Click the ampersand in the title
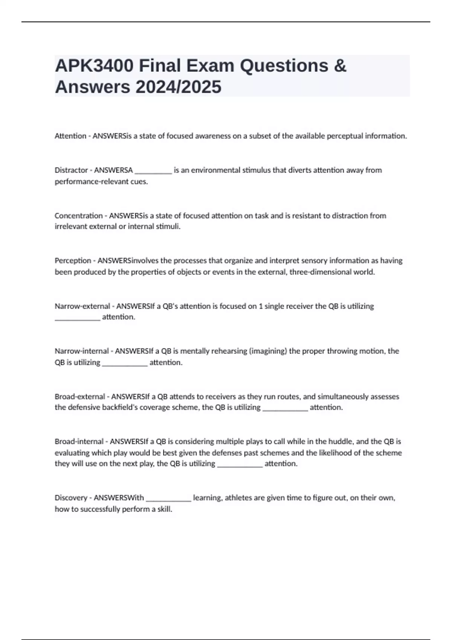[340, 66]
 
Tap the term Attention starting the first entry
[70, 136]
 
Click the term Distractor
[71, 170]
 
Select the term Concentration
[78, 216]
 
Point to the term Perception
[73, 261]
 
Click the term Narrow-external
[82, 306]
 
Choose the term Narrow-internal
[81, 351]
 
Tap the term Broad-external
[79, 396]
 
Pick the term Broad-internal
[79, 441]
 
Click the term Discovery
[71, 498]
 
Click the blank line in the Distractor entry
[153, 172]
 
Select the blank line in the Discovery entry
[168, 499]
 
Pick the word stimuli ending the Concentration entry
[168, 226]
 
